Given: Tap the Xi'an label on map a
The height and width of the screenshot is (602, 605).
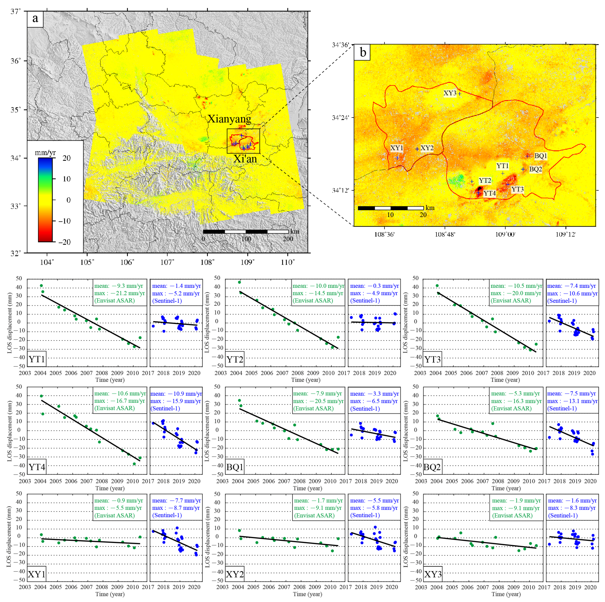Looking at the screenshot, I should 245,159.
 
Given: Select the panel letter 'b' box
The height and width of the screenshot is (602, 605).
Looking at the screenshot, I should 362,52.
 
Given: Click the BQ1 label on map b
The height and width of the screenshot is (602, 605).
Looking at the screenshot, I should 540,156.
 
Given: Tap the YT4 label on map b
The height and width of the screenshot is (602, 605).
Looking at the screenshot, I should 490,193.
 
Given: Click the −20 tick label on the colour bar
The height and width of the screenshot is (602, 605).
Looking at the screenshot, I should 64,242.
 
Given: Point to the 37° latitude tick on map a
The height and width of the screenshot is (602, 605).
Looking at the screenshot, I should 16,12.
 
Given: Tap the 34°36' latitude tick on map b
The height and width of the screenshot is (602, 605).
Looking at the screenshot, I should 340,45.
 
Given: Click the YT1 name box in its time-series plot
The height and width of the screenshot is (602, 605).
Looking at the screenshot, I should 37,359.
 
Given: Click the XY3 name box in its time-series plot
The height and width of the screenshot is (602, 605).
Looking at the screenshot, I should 433,574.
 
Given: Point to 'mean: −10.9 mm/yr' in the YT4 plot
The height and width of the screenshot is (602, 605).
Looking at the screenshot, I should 176,394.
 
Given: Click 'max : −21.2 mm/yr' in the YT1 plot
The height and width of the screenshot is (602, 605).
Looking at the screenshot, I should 119,293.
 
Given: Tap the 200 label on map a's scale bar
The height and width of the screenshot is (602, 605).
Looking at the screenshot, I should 288,239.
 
